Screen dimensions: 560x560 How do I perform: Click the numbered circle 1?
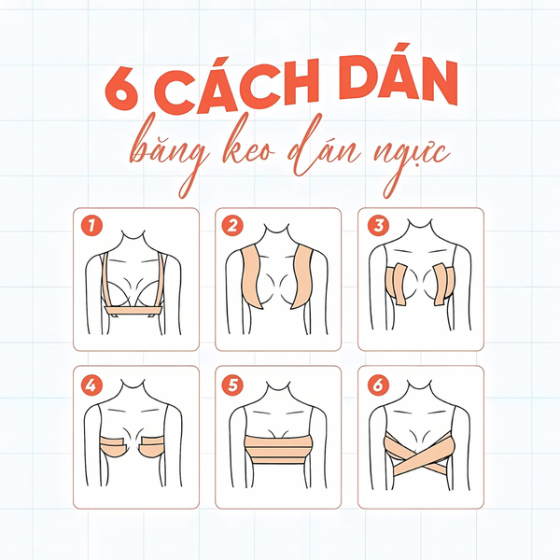(91, 225)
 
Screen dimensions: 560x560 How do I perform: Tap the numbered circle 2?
(232, 225)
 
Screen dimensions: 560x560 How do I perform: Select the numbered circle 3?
(379, 225)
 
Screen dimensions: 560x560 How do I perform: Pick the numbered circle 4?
(91, 385)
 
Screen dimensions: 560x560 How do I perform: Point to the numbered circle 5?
(232, 385)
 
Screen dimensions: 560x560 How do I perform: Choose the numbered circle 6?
(379, 385)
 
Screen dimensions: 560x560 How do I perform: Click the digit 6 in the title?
(121, 89)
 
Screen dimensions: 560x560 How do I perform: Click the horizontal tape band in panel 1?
(133, 311)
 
